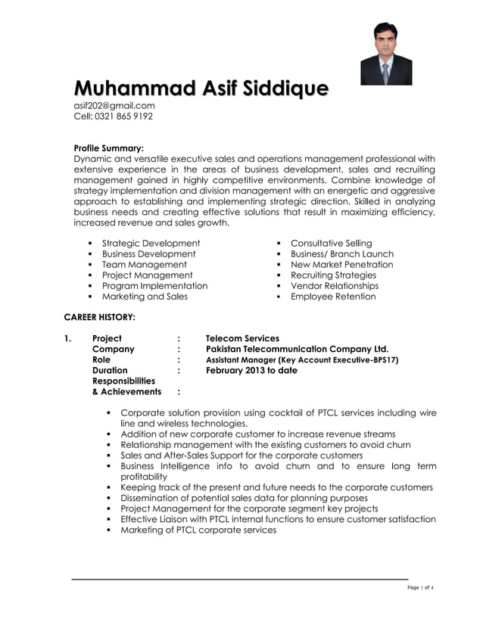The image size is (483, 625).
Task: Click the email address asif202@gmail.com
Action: tap(114, 106)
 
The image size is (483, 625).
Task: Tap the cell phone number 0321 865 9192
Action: tap(123, 117)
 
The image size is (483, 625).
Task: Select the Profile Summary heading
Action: tap(108, 148)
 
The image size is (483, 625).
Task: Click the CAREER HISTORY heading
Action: tap(99, 316)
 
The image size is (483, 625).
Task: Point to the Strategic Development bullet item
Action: tap(151, 243)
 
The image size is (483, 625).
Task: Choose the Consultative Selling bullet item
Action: tap(332, 243)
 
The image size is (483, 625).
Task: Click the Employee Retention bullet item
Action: tap(333, 297)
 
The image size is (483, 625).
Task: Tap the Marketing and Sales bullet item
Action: tap(145, 297)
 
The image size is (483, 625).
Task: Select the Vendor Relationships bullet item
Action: tap(334, 286)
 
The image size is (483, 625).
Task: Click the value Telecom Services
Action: tap(242, 338)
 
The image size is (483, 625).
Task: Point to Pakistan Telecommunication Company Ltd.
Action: tap(297, 349)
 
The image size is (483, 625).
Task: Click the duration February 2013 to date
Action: tap(251, 371)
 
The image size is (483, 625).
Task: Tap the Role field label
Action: tap(101, 360)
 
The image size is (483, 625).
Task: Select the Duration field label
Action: tap(110, 371)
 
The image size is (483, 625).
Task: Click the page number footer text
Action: tap(420, 588)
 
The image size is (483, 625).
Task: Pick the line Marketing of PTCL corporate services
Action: tap(198, 530)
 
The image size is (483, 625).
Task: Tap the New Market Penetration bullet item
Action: tap(342, 265)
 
